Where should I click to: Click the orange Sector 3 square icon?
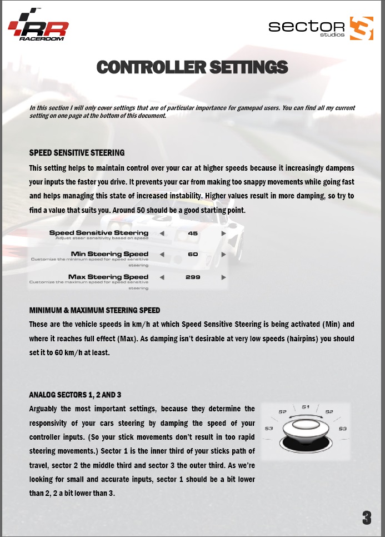pyautogui.click(x=362, y=28)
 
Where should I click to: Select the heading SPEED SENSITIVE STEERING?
pyautogui.click(x=77, y=152)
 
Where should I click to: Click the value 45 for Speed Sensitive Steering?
pyautogui.click(x=193, y=233)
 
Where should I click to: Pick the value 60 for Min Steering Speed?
pyautogui.click(x=193, y=254)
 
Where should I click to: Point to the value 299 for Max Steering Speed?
pyautogui.click(x=193, y=276)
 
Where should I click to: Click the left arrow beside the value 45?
pyautogui.click(x=162, y=233)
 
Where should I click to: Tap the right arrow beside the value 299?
pyautogui.click(x=223, y=276)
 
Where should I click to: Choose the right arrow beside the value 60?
pyautogui.click(x=223, y=254)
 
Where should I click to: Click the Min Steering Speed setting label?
pyautogui.click(x=110, y=254)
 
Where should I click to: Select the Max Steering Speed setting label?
pyautogui.click(x=108, y=276)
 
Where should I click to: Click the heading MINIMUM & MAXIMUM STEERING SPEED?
pyautogui.click(x=94, y=310)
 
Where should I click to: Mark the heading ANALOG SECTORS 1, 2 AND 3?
pyautogui.click(x=75, y=395)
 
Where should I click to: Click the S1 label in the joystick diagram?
pyautogui.click(x=306, y=407)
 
